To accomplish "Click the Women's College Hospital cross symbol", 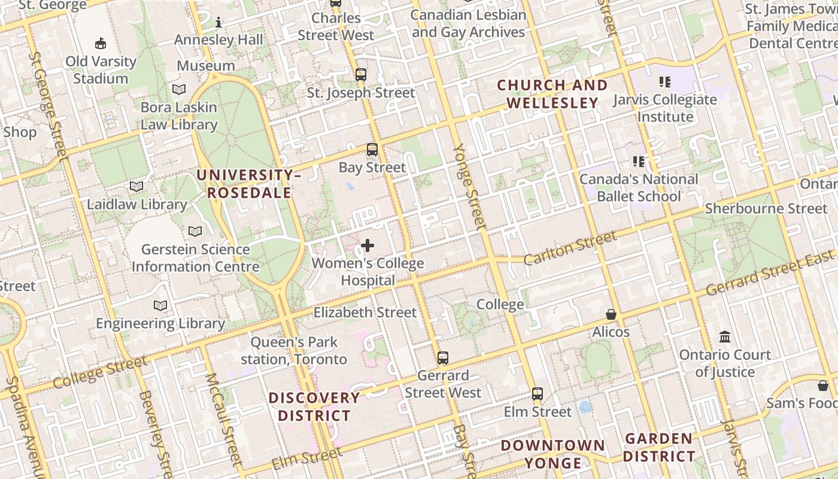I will [x=368, y=245].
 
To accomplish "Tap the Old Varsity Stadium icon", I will [x=101, y=43].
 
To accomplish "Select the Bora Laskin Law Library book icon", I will [x=179, y=90].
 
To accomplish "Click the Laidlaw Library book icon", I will [x=136, y=187].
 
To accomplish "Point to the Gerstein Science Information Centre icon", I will [x=195, y=231].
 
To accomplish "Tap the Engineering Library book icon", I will [x=160, y=306].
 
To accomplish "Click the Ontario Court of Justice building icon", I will [x=725, y=337].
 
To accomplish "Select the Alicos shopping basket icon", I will [x=611, y=314].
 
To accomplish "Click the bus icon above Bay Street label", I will [x=372, y=150].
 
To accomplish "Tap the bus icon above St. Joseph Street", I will [x=360, y=75].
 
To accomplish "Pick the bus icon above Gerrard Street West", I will [x=443, y=358].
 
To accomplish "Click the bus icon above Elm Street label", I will [x=538, y=394].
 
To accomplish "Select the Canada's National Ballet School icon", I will [x=639, y=162].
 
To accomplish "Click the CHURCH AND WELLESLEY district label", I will [x=552, y=94].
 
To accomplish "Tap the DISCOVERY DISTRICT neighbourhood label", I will [x=314, y=407].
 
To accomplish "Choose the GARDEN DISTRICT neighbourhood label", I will [x=659, y=447].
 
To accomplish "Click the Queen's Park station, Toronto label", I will [x=294, y=351].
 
